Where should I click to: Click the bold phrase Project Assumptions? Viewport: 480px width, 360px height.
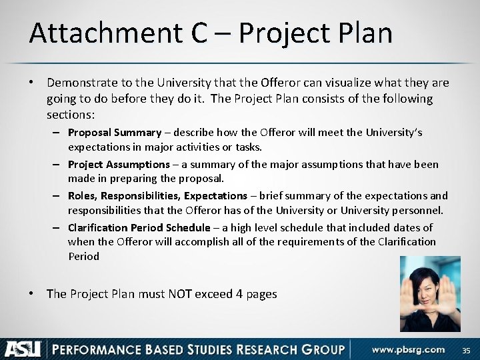[x=119, y=164]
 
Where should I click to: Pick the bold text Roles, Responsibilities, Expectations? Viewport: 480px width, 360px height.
[x=157, y=195]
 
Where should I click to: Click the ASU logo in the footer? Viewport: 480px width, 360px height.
[x=23, y=348]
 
